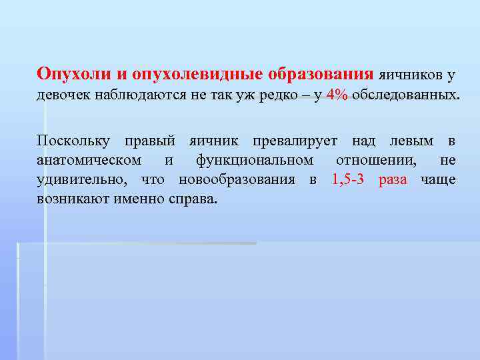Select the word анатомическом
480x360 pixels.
pyautogui.click(x=89, y=160)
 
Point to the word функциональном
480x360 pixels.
pyautogui.click(x=255, y=160)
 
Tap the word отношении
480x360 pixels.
pyautogui.click(x=378, y=160)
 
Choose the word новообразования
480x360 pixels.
pyautogui.click(x=239, y=180)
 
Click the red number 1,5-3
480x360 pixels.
pyautogui.click(x=347, y=180)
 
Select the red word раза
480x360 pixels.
pyautogui.click(x=393, y=180)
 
